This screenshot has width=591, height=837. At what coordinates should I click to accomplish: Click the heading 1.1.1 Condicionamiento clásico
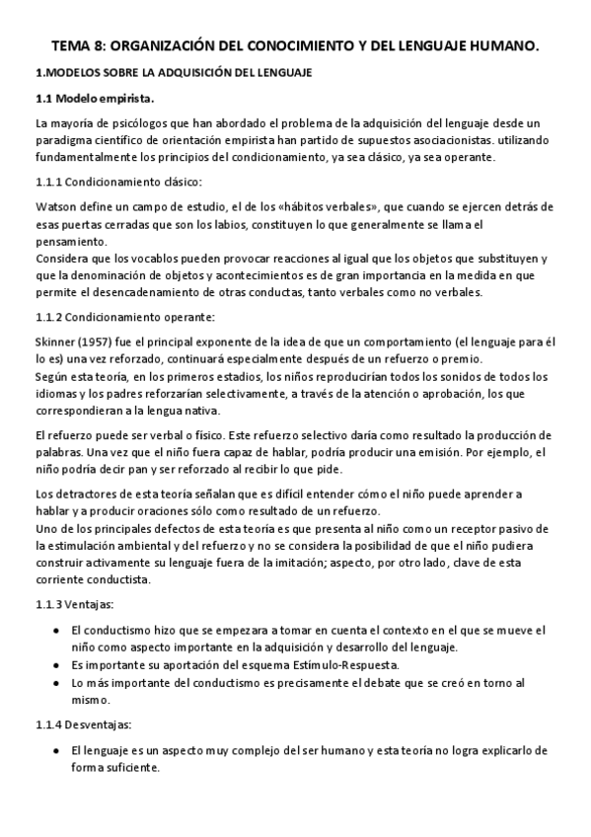click(117, 182)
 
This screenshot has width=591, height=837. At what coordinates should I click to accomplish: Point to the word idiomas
click(58, 393)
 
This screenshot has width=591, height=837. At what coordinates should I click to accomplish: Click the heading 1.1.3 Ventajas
click(75, 602)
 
